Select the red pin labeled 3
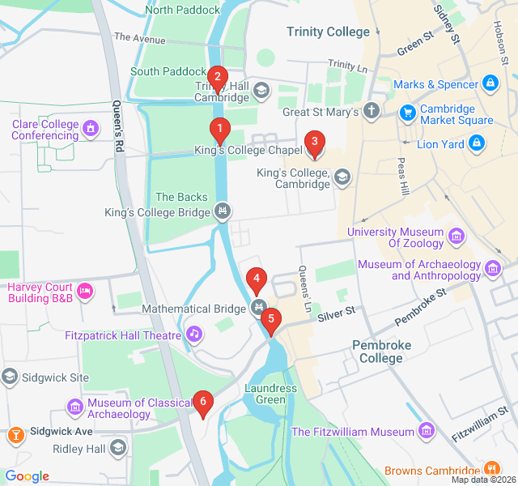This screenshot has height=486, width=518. click(314, 143)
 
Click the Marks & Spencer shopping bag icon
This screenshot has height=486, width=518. click(490, 83)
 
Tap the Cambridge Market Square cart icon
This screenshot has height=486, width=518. click(408, 112)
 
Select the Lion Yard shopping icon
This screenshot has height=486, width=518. click(477, 144)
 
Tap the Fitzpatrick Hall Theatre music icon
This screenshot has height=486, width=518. click(193, 333)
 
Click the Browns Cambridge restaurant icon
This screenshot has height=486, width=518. click(490, 469)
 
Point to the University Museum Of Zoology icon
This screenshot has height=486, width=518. click(457, 237)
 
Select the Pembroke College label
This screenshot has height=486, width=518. click(381, 352)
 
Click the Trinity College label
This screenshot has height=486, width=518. click(328, 32)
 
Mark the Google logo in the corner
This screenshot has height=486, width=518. click(28, 476)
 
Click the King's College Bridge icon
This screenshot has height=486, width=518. click(223, 212)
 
